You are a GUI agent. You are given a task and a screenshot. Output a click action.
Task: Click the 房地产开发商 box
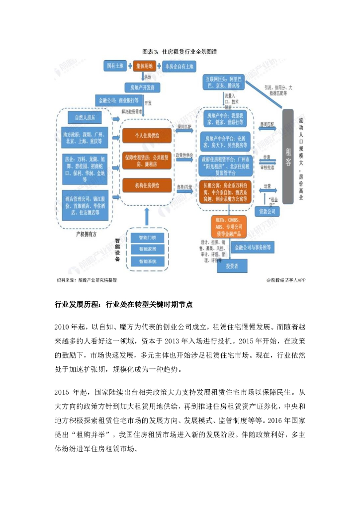[142, 87]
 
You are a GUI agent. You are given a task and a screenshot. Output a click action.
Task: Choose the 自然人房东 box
[88, 118]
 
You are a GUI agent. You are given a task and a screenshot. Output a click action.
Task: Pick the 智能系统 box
[148, 261]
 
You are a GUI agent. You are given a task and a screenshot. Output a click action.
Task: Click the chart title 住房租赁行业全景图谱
[180, 52]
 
